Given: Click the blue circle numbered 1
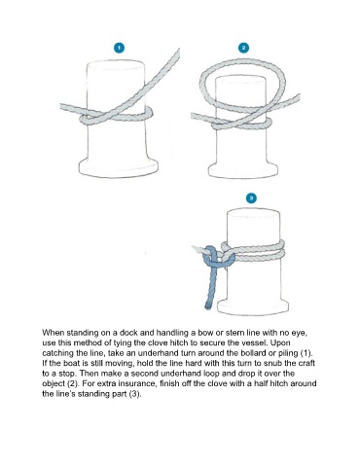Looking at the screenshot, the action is [x=119, y=48].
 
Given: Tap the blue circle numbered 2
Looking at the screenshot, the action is [x=243, y=48].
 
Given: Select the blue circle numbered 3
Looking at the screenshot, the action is [x=251, y=198].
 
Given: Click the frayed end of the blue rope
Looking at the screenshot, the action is [x=207, y=306].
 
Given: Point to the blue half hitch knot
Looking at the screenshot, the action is [x=218, y=258].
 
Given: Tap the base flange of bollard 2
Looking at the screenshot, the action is [x=242, y=170].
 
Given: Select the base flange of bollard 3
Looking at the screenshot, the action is [x=253, y=307].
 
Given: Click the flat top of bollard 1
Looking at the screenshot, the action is [x=116, y=65].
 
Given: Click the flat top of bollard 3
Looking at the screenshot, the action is [x=253, y=213].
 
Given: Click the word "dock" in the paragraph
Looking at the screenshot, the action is [x=128, y=333].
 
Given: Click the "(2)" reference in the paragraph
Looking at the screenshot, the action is [x=73, y=384].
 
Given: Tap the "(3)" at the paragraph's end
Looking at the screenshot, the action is [x=135, y=394].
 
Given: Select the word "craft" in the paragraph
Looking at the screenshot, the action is [x=306, y=363].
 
